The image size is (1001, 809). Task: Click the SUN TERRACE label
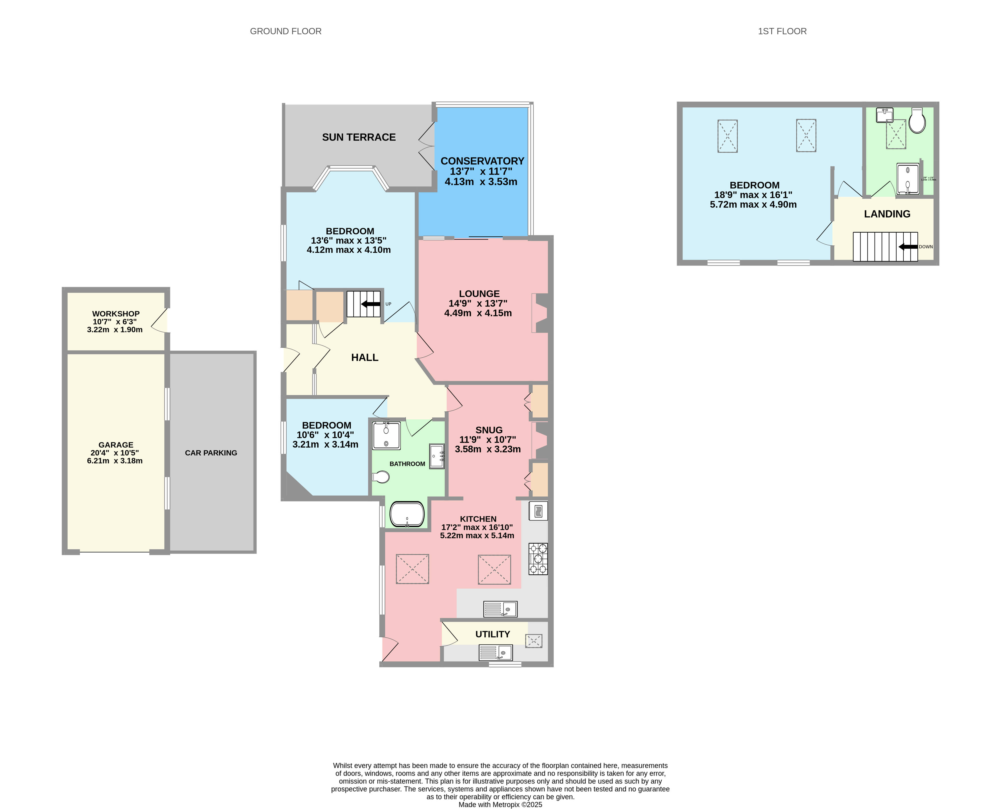[x=358, y=137]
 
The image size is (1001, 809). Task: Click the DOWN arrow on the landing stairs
[x=907, y=247]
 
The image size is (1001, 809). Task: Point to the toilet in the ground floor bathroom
[x=381, y=477]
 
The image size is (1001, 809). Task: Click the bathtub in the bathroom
[x=407, y=514]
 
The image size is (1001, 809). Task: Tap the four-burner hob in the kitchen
[x=538, y=558]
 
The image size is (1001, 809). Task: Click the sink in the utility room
[x=496, y=652]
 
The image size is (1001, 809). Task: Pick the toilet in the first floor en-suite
[x=917, y=121]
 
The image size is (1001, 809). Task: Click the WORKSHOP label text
[x=116, y=314]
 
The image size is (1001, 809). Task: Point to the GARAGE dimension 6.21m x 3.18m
[x=115, y=460]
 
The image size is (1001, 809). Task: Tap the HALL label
[x=364, y=357]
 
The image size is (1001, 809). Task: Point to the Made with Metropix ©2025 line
[x=500, y=804]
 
